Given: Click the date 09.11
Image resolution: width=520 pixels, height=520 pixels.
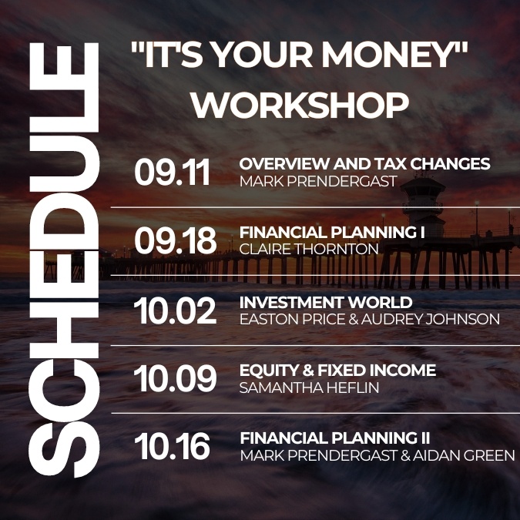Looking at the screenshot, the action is pos(172,172).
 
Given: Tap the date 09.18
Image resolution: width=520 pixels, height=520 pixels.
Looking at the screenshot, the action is pos(176,240).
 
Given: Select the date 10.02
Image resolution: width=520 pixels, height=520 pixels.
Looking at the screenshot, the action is pos(175,310).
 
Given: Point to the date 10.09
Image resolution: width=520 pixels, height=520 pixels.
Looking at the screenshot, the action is pos(175,378).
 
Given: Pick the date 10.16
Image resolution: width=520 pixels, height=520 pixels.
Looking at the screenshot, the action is pos(172,447).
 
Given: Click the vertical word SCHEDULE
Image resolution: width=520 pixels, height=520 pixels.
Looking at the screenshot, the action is pos(65,260).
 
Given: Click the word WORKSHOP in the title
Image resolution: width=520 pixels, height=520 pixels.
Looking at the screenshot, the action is pos(300,105).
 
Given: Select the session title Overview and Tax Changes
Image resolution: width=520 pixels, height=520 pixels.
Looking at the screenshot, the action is pos(364,163).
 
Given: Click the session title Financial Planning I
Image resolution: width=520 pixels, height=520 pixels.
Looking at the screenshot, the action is pos(332,232).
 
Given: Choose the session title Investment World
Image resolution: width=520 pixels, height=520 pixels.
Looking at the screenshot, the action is pos(326,302).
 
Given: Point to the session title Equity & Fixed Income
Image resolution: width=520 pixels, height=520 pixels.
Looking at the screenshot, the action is pos(337,370).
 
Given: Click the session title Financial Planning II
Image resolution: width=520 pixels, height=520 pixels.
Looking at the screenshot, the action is pos(335,438).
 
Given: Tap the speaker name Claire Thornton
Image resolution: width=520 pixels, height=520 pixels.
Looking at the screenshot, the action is pos(309,250).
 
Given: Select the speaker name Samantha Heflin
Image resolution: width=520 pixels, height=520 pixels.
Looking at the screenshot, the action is pos(309,387).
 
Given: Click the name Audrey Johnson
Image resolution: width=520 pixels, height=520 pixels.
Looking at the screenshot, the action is pos(431,320).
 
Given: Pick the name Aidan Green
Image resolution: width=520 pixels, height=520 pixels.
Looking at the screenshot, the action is pos(464,455).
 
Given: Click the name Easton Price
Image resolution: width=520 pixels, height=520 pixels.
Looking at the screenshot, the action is pos(292,320).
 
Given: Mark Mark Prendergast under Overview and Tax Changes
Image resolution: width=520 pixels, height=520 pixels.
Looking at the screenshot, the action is pos(318,181).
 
